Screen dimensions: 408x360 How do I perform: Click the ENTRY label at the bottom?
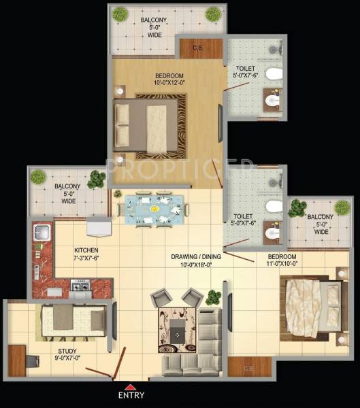click(130, 394)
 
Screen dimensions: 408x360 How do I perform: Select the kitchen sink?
click(39, 231)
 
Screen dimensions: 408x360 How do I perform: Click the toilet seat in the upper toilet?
click(274, 74)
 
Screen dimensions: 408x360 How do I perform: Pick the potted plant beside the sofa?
click(214, 297)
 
